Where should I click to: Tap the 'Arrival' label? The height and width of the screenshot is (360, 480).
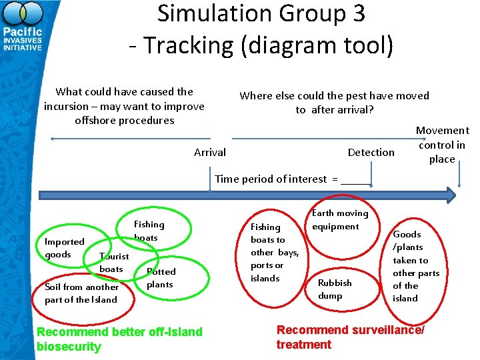click(209, 153)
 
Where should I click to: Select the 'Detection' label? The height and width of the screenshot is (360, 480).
click(371, 153)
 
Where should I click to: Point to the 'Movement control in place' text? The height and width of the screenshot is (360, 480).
click(442, 145)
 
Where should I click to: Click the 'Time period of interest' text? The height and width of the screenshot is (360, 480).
click(281, 179)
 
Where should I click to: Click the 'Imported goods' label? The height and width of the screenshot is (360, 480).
click(64, 248)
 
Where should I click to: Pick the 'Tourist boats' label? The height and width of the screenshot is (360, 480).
click(113, 263)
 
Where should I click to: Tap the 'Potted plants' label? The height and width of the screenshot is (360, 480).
click(161, 278)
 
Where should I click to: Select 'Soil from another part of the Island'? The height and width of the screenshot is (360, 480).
click(81, 293)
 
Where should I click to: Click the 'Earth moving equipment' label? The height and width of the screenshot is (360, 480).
click(339, 220)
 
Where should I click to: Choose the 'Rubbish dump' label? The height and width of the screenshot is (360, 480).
click(335, 289)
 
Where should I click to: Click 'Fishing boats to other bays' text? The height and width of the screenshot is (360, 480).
click(273, 253)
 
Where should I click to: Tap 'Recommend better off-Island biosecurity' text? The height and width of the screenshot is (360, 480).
click(119, 339)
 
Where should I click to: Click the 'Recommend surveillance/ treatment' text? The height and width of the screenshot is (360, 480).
click(350, 337)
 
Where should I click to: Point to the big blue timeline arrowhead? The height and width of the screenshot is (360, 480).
click(449, 195)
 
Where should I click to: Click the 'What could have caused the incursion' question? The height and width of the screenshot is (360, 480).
click(124, 106)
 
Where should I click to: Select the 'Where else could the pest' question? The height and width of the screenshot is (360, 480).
click(334, 103)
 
